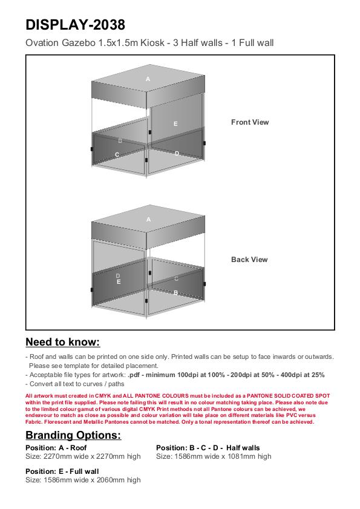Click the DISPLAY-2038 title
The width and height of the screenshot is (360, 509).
75,25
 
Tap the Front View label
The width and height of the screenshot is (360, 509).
250,122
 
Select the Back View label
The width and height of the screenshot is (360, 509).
249,260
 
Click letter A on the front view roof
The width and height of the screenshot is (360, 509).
148,79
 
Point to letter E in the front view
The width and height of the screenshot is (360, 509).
175,123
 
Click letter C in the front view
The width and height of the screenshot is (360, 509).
117,155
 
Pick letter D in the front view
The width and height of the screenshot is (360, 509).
177,153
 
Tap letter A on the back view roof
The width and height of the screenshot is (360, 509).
148,220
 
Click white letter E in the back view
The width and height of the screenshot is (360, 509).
119,282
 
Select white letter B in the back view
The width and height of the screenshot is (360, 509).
175,292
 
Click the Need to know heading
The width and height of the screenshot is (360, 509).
63,342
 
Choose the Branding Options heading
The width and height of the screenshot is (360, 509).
73,435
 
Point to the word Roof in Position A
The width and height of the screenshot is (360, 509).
79,448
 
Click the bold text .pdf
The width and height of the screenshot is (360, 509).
134,375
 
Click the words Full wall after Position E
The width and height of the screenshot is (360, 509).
84,471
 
